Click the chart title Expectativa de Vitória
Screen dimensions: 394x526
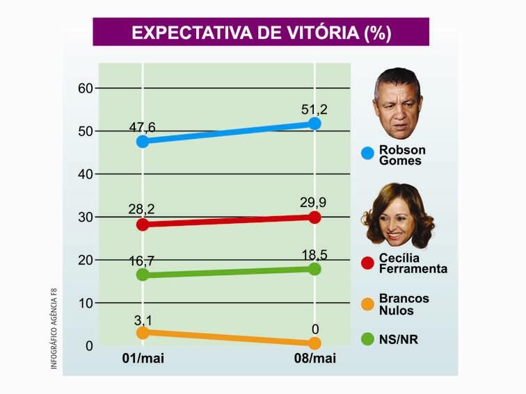tap(261, 33)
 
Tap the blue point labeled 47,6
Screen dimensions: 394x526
tap(143, 141)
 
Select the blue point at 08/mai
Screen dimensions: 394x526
tap(314, 123)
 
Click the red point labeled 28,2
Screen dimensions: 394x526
tap(143, 224)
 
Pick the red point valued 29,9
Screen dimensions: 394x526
tap(314, 217)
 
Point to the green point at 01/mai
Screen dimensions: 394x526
tap(143, 274)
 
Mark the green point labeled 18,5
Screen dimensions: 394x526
tap(314, 269)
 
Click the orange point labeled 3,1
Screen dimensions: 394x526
tap(143, 333)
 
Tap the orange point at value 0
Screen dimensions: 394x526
tap(314, 343)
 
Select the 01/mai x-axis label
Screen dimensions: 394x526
tap(143, 359)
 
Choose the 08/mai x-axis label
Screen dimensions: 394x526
tap(315, 359)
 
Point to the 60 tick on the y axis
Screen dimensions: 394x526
tap(85, 88)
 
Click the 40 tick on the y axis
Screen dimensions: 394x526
tap(85, 174)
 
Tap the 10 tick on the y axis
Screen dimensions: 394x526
tap(85, 303)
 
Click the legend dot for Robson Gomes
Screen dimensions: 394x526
tap(368, 154)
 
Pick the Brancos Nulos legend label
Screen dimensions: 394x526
tap(404, 304)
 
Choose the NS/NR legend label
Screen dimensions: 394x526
tap(400, 340)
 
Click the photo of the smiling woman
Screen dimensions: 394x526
tap(397, 216)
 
